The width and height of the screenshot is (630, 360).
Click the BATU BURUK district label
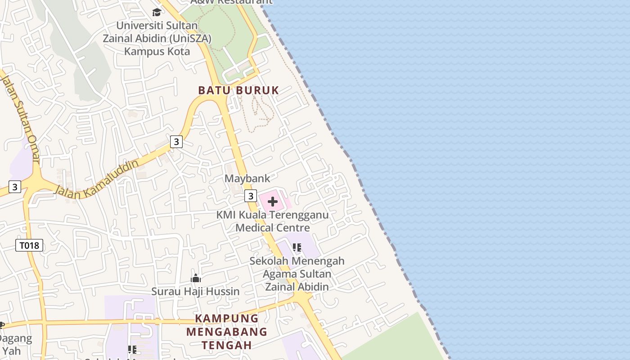(238, 90)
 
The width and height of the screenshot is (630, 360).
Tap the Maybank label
(247, 179)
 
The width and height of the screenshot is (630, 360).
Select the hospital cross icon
(273, 202)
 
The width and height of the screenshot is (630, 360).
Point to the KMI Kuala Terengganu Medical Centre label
(273, 221)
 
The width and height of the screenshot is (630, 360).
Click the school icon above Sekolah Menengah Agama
(297, 247)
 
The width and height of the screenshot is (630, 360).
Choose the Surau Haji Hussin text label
(195, 292)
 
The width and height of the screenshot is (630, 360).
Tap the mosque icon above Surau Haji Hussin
(196, 279)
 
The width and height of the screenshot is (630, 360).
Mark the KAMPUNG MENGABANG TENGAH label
(227, 332)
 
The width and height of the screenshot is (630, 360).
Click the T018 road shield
(30, 245)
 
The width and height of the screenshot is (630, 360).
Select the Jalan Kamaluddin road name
(96, 177)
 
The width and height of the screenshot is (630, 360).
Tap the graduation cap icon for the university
(157, 12)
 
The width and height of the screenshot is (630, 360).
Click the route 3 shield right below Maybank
(251, 196)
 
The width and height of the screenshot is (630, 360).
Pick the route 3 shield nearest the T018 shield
(15, 186)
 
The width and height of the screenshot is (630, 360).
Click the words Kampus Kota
(157, 51)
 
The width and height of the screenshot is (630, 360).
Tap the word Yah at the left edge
(12, 351)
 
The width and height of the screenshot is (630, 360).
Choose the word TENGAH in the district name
(226, 345)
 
